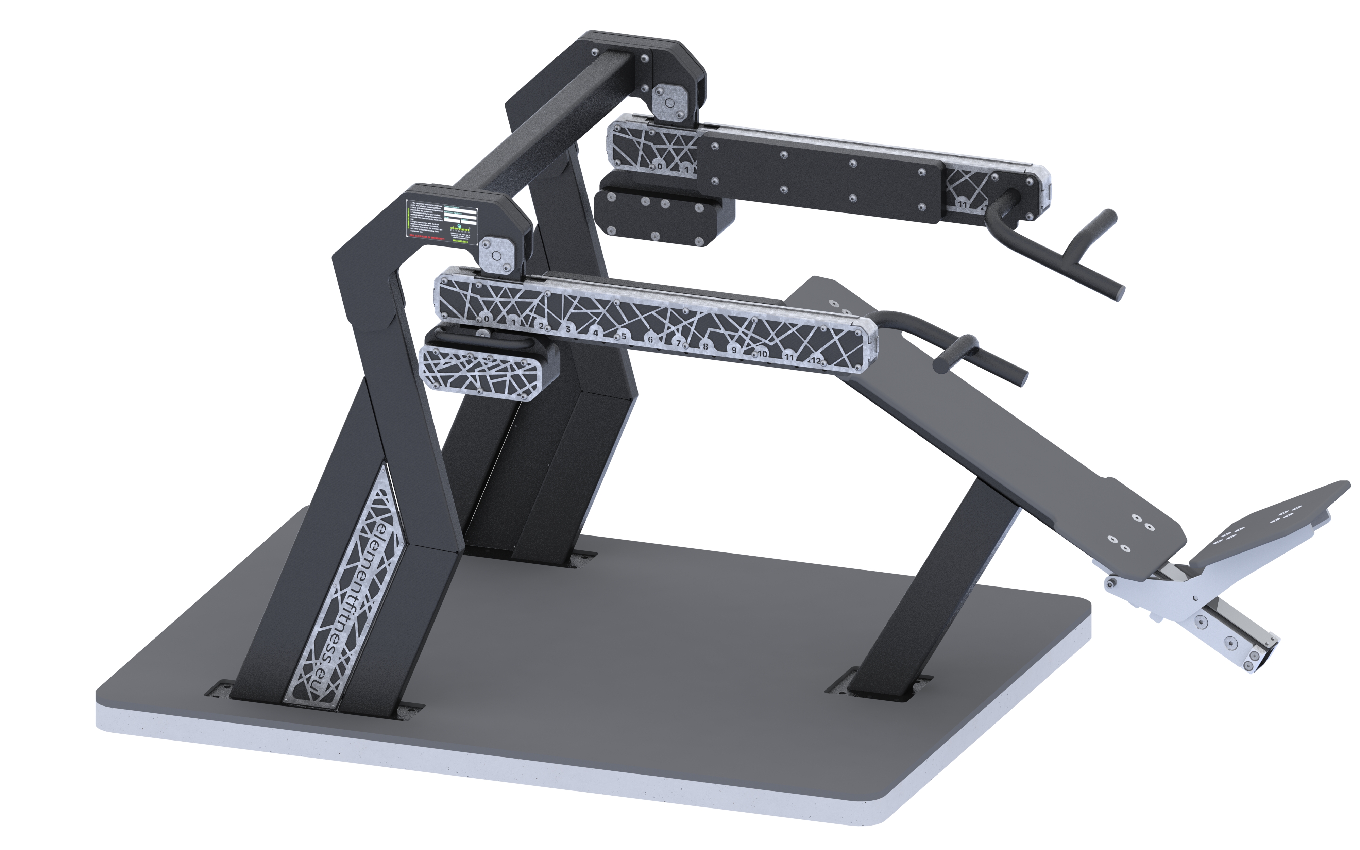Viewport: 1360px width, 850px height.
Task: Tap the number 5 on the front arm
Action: tap(623, 336)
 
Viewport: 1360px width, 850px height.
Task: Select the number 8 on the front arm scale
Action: tap(706, 346)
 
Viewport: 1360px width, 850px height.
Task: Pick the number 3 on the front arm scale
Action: tap(568, 329)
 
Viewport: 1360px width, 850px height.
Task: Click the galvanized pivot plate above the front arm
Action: tap(495, 256)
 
